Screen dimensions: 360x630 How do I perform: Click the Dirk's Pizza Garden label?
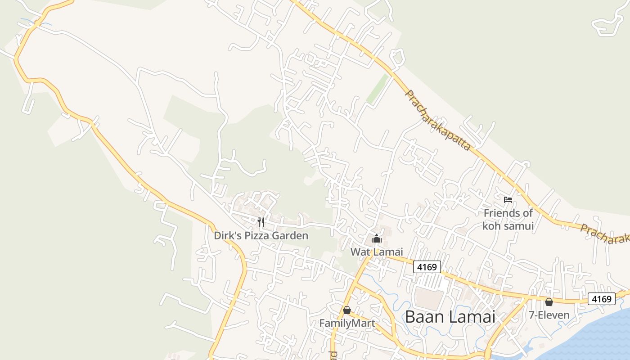pyautogui.click(x=261, y=235)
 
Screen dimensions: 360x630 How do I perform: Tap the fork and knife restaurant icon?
pyautogui.click(x=261, y=222)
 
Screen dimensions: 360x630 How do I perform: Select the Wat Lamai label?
pyautogui.click(x=377, y=252)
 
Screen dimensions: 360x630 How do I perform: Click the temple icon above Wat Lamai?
pyautogui.click(x=377, y=238)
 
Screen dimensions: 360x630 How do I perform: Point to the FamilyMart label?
pyautogui.click(x=347, y=323)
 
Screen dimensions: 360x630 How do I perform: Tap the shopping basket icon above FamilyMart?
pyautogui.click(x=346, y=310)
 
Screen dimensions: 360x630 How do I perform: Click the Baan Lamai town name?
pyautogui.click(x=450, y=316)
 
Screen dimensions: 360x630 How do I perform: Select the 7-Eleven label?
pyautogui.click(x=549, y=315)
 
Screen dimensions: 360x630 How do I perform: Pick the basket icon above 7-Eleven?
pyautogui.click(x=549, y=302)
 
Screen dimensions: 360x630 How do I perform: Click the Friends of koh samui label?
pyautogui.click(x=508, y=219)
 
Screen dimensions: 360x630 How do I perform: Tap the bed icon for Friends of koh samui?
pyautogui.click(x=508, y=199)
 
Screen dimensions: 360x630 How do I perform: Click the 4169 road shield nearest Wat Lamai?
pyautogui.click(x=427, y=267)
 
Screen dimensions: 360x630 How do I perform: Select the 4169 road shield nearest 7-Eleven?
pyautogui.click(x=601, y=299)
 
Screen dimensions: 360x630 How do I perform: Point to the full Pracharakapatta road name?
pyautogui.click(x=438, y=120)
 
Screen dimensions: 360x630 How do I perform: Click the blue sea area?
pyautogui.click(x=594, y=337)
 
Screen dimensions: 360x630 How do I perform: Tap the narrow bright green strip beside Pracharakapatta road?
pyautogui.click(x=377, y=89)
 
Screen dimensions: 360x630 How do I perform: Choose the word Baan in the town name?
pyautogui.click(x=423, y=316)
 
